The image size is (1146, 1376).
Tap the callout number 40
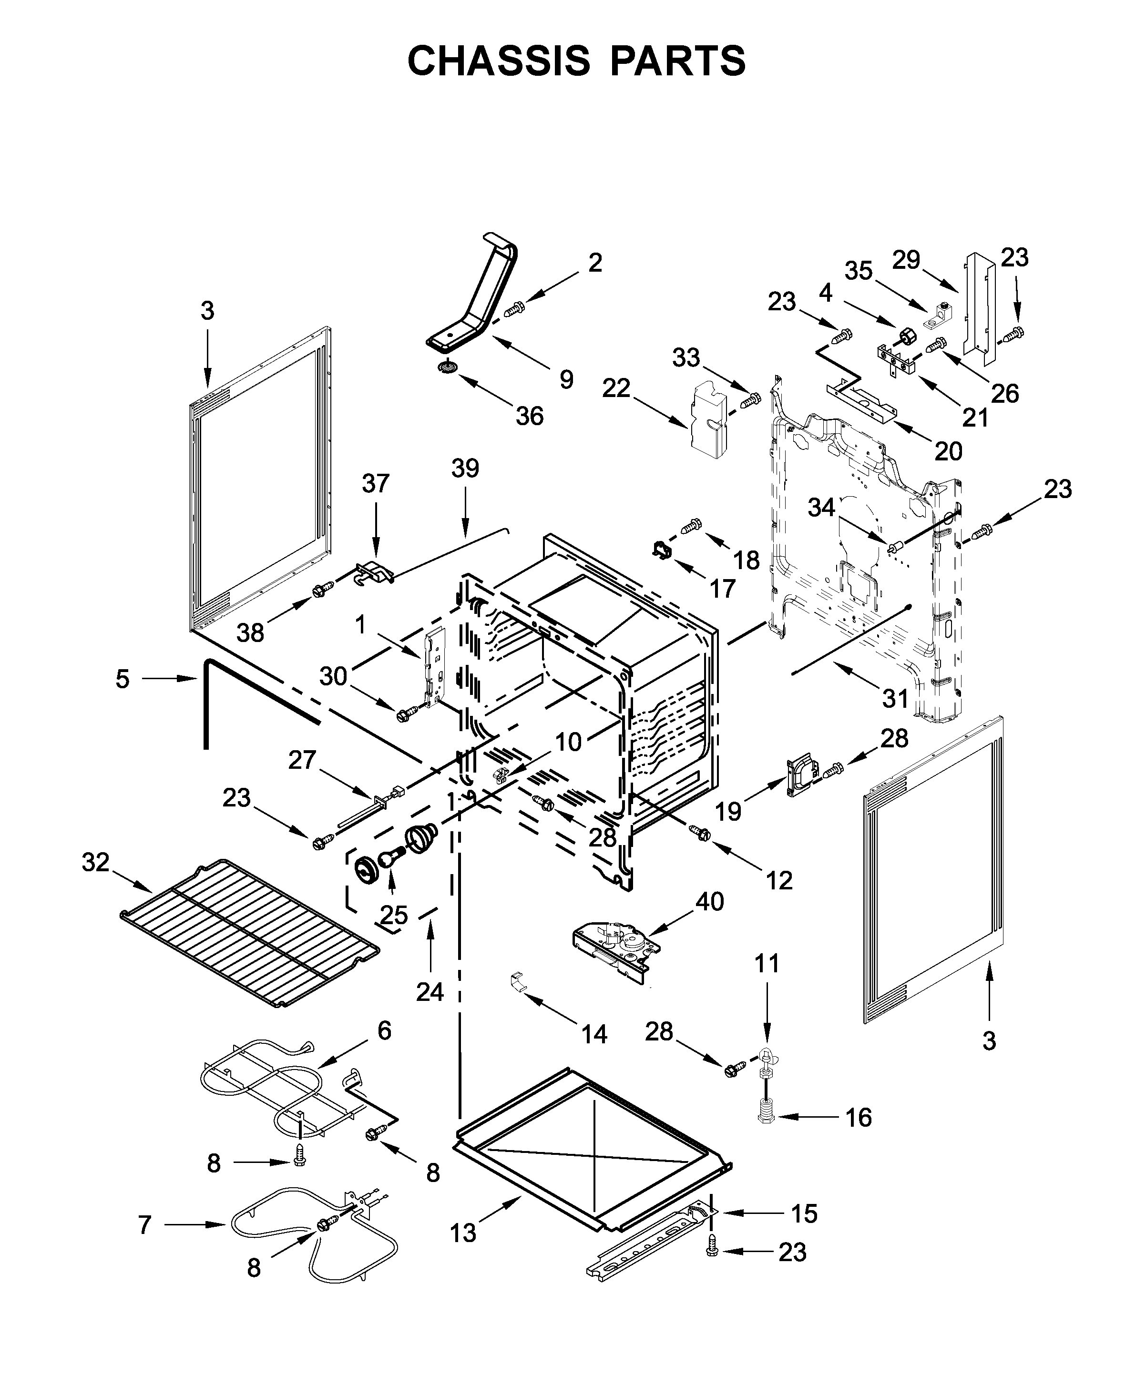[710, 902]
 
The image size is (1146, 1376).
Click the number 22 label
[616, 388]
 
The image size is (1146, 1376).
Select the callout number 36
[530, 416]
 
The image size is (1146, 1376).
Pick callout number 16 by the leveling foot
[859, 1118]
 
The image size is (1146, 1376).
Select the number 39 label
[465, 469]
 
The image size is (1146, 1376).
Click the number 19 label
[728, 811]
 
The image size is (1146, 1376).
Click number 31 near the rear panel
[895, 698]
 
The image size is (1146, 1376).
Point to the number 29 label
[906, 260]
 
